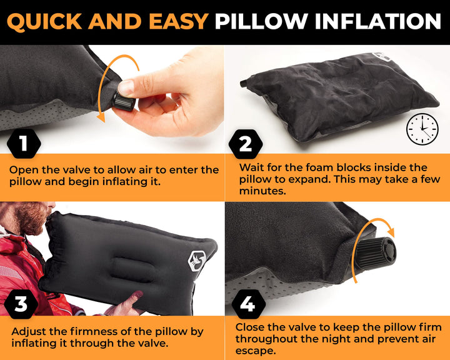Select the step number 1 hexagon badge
click(x=24, y=144)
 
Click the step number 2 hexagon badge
click(x=246, y=144)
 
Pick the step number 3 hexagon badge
click(x=21, y=305)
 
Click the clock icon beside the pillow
click(x=422, y=129)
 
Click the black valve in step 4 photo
click(x=376, y=251)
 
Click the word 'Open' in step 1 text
click(x=23, y=170)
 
